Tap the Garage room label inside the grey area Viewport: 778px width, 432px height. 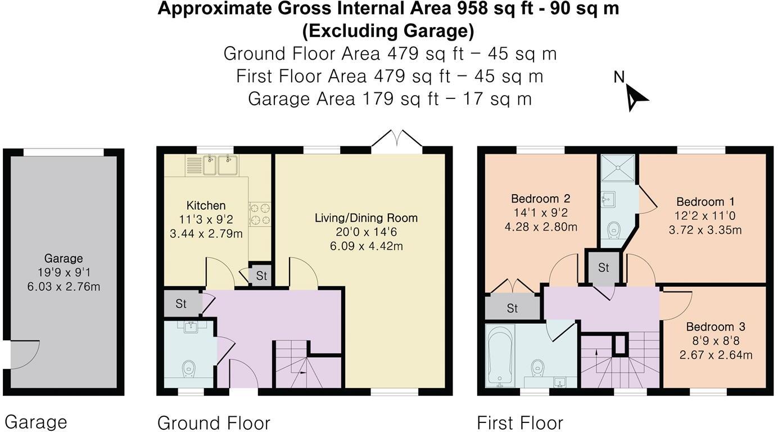[64, 259]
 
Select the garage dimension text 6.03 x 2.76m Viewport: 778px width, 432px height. [64, 287]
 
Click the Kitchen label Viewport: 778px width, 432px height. [206, 206]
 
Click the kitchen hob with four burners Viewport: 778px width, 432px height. [260, 214]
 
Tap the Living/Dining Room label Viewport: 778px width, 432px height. [366, 218]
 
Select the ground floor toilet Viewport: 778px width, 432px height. [188, 368]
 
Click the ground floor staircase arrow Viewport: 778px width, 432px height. [302, 372]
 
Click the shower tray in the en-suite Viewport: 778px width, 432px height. [617, 167]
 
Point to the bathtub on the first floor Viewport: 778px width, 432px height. [497, 356]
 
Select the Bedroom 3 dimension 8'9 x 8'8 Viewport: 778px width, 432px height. [709, 341]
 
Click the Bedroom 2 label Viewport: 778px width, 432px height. [540, 199]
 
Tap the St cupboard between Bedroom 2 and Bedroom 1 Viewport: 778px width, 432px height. [603, 268]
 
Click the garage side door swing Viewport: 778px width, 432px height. [25, 354]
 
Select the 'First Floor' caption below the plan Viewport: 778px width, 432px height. [519, 422]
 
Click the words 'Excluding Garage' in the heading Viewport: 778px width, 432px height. [388, 30]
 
